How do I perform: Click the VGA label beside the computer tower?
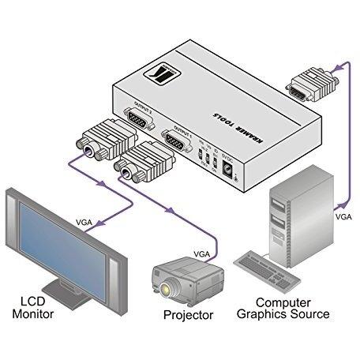coord(343,215)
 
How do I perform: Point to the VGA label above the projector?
coord(203,253)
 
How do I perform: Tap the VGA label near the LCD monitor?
coord(84,222)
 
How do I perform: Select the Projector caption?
coord(188,316)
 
